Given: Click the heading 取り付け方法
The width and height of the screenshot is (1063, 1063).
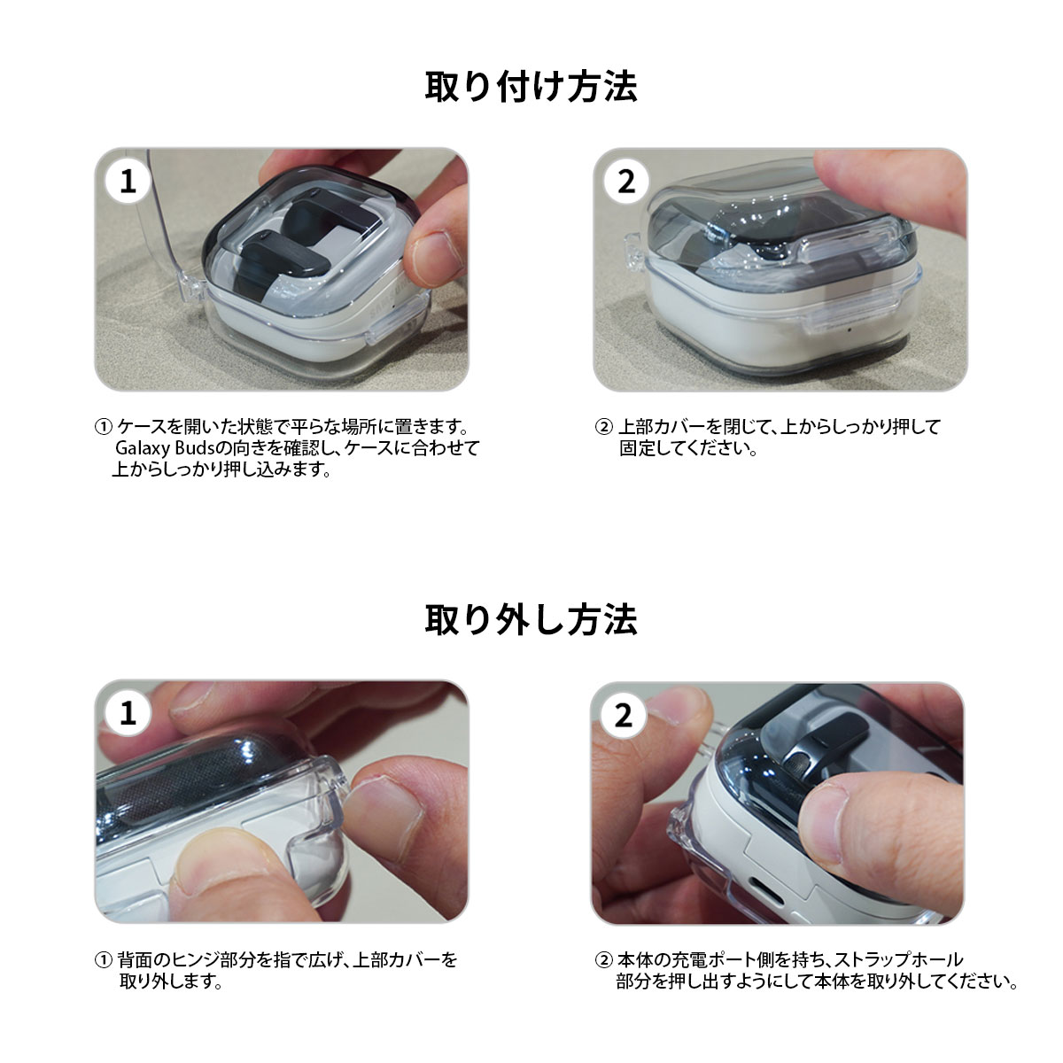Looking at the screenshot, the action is click(531, 87).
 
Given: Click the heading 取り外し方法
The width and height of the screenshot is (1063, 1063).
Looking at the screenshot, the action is click(531, 619).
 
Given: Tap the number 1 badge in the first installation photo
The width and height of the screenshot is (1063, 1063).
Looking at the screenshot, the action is click(128, 181).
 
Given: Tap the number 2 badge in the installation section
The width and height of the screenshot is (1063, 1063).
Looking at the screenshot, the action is click(626, 181).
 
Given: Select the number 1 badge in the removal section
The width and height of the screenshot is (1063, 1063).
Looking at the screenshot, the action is click(128, 713).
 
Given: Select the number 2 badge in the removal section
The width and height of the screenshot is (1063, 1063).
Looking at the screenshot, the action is click(624, 716).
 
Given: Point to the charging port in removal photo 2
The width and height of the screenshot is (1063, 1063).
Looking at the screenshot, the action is click(763, 888).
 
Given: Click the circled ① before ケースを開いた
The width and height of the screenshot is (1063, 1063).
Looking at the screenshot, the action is click(103, 426).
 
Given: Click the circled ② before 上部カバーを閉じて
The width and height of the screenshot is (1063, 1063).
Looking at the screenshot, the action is click(604, 426).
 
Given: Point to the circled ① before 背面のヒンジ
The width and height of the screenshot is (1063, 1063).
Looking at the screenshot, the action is click(103, 960).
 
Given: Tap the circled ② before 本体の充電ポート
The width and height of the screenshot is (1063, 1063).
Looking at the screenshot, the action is click(604, 960).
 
